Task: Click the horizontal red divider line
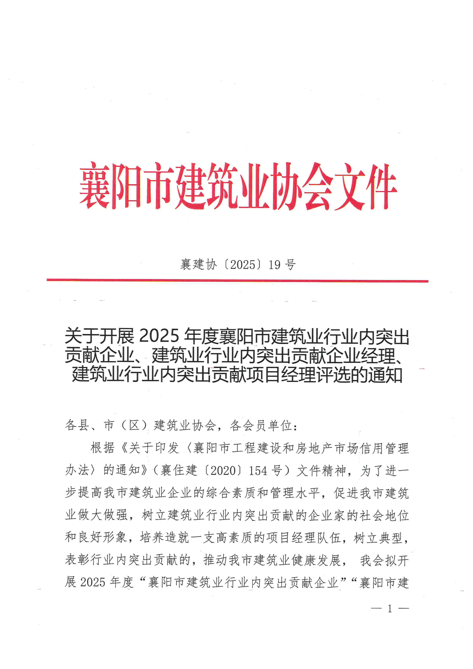[237, 281]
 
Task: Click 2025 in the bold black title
[159, 336]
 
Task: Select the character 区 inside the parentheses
[134, 425]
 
